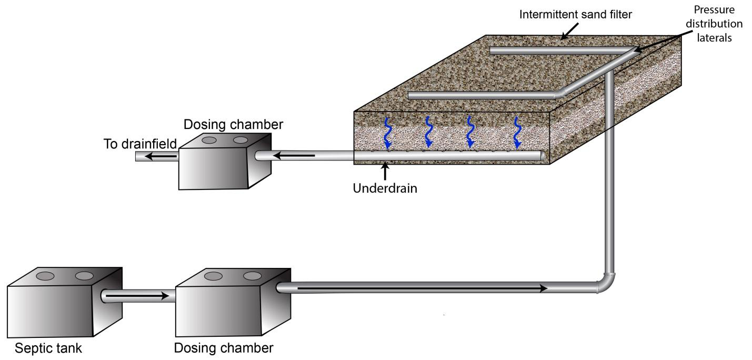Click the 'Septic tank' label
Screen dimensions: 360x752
(x=48, y=348)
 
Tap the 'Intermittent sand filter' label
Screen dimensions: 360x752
(x=576, y=14)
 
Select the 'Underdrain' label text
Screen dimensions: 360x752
(x=385, y=188)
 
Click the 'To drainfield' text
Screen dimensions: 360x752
(x=139, y=144)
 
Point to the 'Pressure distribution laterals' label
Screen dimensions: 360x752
(x=717, y=24)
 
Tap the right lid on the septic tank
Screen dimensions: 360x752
(x=84, y=276)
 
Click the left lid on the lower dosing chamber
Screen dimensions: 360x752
(x=213, y=276)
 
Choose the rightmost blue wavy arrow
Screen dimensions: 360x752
(x=518, y=132)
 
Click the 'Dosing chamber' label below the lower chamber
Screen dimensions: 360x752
(x=224, y=348)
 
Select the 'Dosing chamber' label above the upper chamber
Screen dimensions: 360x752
(x=233, y=125)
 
